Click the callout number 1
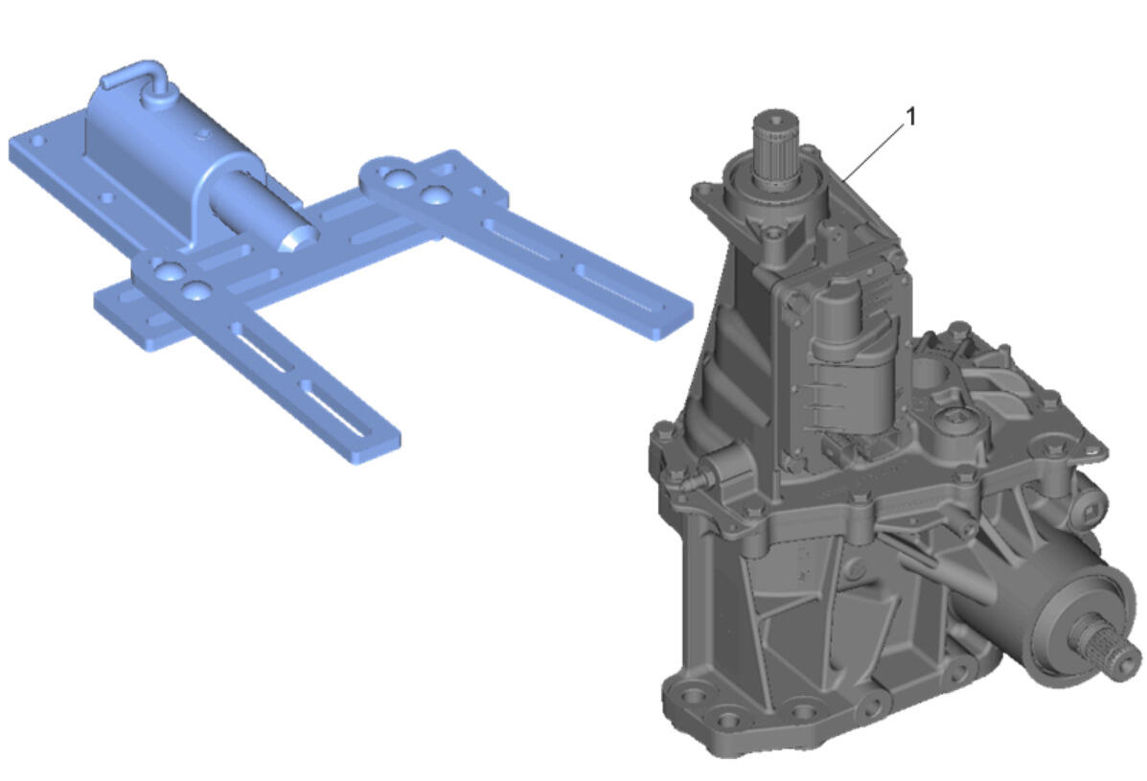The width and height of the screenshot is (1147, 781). [910, 116]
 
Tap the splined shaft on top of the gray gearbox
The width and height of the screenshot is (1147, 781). [776, 149]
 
